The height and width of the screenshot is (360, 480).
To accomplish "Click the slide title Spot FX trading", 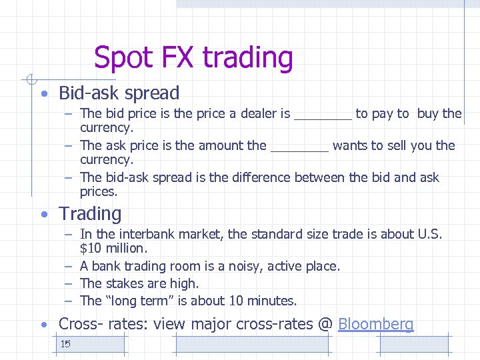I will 193,58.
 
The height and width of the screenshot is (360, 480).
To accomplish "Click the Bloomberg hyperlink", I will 376,325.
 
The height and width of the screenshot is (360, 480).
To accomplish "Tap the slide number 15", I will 65,344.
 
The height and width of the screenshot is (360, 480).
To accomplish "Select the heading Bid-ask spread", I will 119,93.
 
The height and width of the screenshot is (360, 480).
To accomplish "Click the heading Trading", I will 90,214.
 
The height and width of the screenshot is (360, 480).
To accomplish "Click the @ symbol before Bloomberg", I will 325,325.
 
